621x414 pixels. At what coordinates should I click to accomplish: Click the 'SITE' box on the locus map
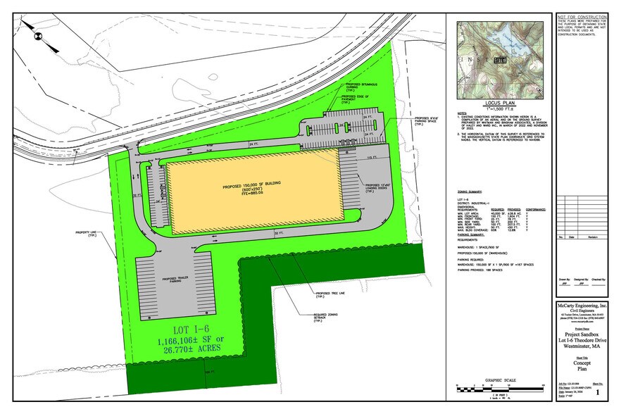pyautogui.click(x=501, y=61)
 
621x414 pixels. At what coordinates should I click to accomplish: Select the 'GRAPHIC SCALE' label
pyautogui.click(x=501, y=380)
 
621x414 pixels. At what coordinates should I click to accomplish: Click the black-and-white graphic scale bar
pyautogui.click(x=501, y=389)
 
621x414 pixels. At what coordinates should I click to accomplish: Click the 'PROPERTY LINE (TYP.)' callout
pyautogui.click(x=87, y=233)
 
